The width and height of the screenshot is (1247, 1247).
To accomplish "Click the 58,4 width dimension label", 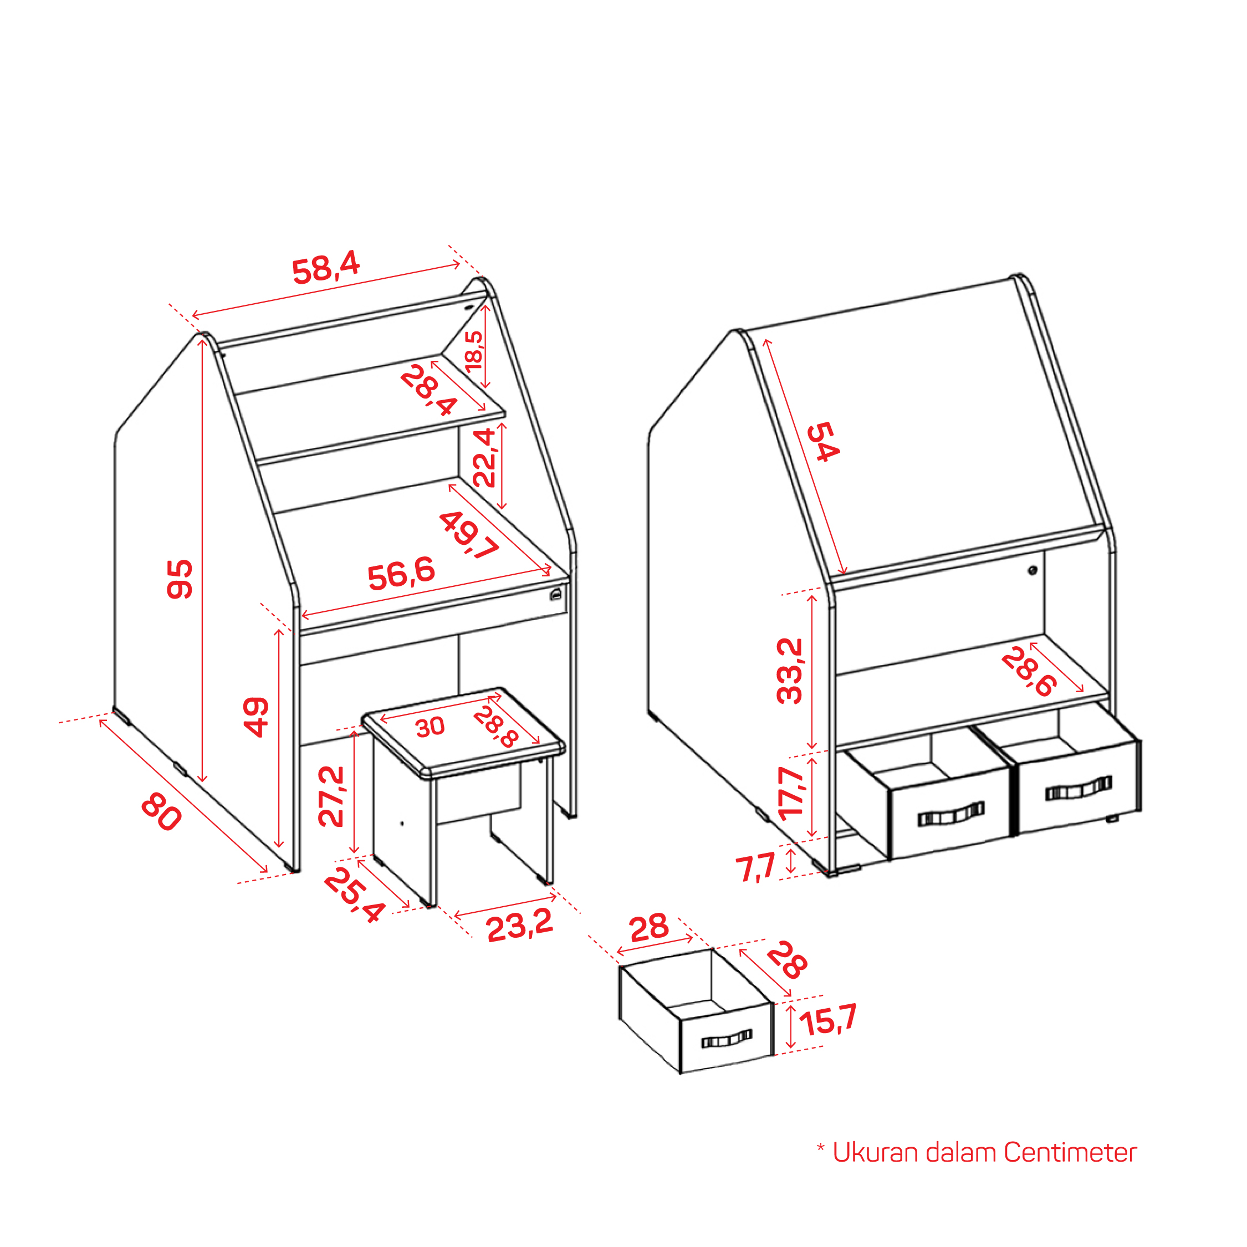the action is [326, 267].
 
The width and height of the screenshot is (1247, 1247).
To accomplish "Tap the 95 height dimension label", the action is [180, 579].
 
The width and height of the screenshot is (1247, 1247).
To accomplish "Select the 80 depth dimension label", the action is [161, 812].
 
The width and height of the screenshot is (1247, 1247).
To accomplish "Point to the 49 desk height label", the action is [255, 717].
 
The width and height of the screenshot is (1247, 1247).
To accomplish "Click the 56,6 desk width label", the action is [401, 574].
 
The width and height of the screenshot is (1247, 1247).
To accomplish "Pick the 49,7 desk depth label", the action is [469, 534].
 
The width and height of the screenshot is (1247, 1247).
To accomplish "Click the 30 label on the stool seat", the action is [430, 727].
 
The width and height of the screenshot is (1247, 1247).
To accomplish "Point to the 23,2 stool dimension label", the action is [520, 925].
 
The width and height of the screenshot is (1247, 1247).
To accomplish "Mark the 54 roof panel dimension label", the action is [824, 442].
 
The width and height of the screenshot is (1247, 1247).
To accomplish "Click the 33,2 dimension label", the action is [789, 671].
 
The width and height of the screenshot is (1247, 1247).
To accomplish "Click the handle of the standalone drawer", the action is [727, 1039].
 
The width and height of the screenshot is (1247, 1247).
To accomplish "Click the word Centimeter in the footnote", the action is [1070, 1152].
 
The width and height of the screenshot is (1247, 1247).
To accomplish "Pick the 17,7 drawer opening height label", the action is [791, 793].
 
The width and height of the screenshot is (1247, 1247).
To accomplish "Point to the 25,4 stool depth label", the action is [354, 895].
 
